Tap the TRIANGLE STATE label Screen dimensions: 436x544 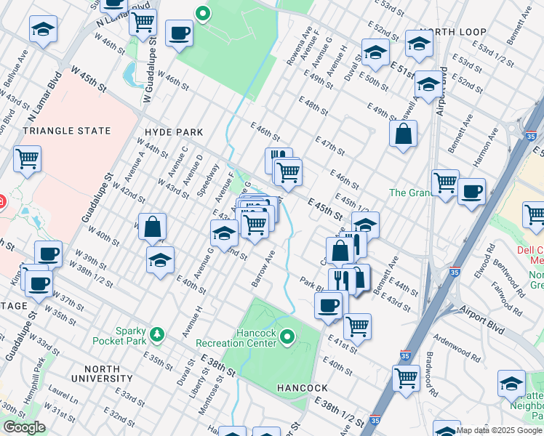click(67, 131)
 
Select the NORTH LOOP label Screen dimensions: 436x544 click(452, 33)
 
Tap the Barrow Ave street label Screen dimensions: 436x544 click(264, 270)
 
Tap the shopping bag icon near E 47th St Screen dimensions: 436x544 click(402, 134)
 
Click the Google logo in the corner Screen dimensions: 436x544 click(24, 427)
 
